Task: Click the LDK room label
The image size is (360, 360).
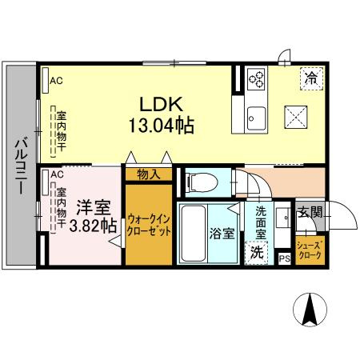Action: [162, 104]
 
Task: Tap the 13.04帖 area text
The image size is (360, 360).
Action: [162, 125]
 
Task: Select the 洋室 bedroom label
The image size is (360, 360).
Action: [94, 207]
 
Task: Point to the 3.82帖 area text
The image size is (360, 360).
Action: [93, 226]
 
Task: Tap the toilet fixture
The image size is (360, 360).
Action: [202, 182]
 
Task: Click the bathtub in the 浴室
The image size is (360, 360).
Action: [193, 234]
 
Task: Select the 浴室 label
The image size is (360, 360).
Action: [222, 234]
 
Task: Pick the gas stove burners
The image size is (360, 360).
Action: [256, 79]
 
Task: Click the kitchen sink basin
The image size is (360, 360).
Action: [256, 118]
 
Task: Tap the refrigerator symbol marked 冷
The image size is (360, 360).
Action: [311, 78]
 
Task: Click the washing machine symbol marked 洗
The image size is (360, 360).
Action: [256, 253]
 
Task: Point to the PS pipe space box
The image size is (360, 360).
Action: [285, 258]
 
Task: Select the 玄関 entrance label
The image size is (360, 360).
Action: [310, 213]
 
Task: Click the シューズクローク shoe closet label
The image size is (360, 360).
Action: [310, 250]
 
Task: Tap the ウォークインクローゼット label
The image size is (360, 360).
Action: [149, 225]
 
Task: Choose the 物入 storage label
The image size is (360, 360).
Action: [149, 174]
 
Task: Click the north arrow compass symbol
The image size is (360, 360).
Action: [310, 310]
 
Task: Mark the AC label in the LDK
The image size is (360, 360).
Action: [56, 81]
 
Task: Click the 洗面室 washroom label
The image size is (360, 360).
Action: [261, 222]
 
